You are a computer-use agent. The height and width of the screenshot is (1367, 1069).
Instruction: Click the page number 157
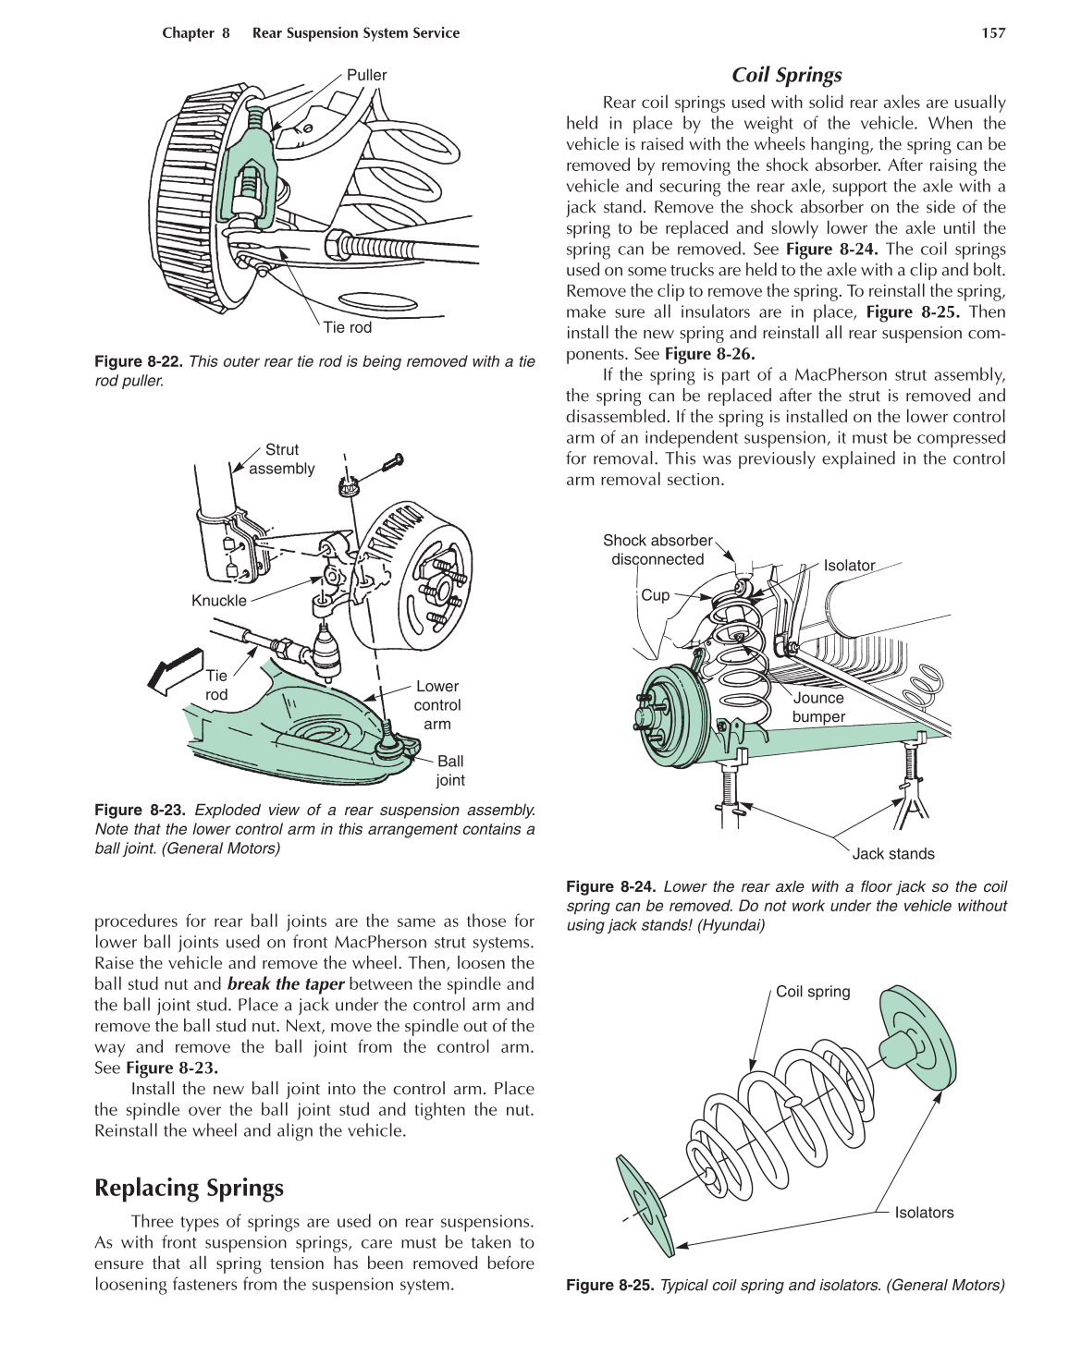tap(992, 33)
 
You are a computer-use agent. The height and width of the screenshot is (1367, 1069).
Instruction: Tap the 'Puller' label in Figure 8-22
tap(366, 76)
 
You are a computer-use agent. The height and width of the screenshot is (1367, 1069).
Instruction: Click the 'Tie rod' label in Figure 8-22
tap(348, 327)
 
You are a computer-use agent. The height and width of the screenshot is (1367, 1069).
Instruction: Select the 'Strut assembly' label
tap(281, 459)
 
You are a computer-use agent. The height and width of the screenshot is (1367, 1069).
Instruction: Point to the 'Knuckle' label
tap(219, 601)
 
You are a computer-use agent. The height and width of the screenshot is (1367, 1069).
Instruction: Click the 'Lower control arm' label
tap(436, 705)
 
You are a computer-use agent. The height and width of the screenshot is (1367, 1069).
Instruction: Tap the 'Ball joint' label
tap(450, 771)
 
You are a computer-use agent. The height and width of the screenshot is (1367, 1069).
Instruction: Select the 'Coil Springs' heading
tap(786, 76)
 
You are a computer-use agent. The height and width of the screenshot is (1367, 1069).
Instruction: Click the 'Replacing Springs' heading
tap(189, 1188)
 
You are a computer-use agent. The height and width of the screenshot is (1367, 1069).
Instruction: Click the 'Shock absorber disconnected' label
tap(657, 550)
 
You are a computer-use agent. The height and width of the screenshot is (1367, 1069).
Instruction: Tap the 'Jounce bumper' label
tap(818, 708)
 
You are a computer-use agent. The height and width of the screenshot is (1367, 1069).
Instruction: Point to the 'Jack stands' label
tap(892, 854)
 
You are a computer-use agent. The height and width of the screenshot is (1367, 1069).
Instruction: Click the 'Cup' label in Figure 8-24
tap(655, 595)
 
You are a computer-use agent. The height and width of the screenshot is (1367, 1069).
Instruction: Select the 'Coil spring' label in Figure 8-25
tap(812, 992)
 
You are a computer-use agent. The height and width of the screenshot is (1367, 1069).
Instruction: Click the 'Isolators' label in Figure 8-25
tap(923, 1213)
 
